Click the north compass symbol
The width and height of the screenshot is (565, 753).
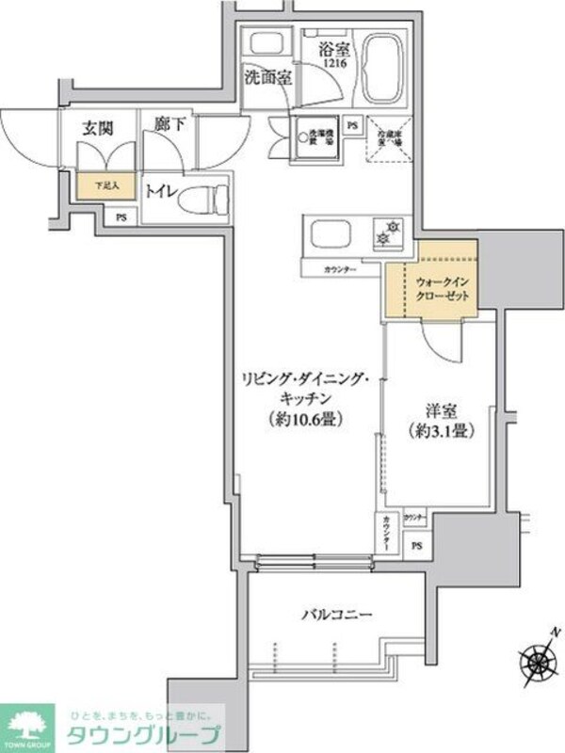tap(540, 651)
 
